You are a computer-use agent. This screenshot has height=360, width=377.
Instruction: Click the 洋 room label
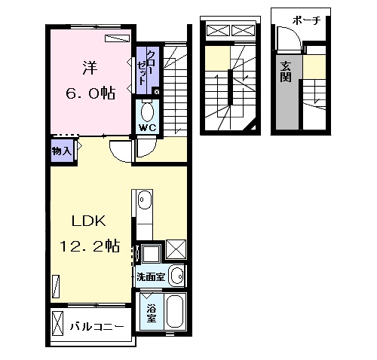click(x=90, y=69)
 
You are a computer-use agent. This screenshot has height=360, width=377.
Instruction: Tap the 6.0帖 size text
click(x=90, y=93)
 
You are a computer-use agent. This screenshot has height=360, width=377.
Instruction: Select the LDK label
click(x=89, y=221)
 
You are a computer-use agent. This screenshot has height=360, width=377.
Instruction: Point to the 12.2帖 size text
click(x=90, y=246)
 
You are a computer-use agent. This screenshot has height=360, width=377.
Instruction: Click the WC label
click(x=148, y=128)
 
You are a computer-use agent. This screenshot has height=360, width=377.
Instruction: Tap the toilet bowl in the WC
click(x=148, y=112)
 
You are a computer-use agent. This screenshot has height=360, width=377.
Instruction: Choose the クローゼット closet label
click(x=146, y=68)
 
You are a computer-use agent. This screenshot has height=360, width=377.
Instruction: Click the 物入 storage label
click(x=62, y=151)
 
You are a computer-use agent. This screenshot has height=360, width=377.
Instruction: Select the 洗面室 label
click(x=151, y=276)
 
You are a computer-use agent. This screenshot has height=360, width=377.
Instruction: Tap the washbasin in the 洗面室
click(x=177, y=276)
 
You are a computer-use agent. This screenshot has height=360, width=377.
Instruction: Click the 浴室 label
click(x=152, y=313)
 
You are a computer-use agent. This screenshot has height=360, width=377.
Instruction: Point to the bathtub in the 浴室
click(x=175, y=311)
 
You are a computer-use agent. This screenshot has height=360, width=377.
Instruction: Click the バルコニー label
click(x=97, y=326)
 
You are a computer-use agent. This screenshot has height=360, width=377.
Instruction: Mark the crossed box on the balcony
click(x=57, y=323)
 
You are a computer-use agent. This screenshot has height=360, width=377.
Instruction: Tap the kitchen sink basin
click(x=146, y=200)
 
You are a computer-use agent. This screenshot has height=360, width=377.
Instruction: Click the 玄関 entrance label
click(x=286, y=72)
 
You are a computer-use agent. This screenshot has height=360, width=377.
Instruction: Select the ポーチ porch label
click(x=306, y=20)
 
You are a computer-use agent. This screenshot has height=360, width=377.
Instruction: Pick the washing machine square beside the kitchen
click(x=151, y=253)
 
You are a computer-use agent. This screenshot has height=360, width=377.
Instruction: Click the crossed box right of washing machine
click(x=176, y=249)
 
